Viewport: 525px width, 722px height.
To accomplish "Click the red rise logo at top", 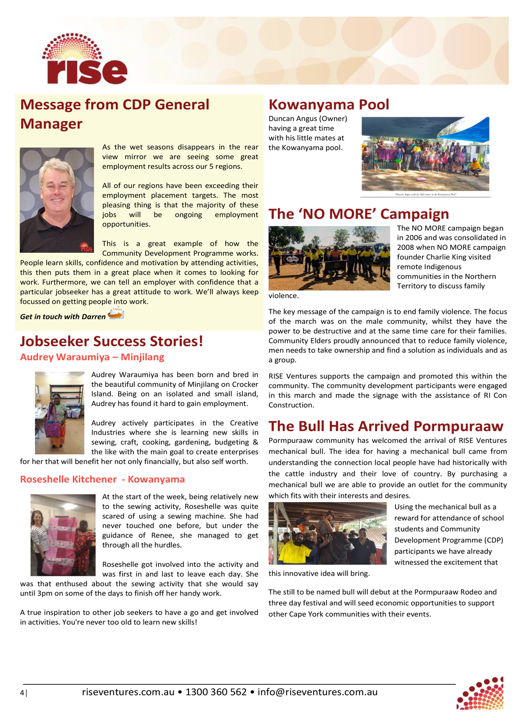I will tap(84, 59).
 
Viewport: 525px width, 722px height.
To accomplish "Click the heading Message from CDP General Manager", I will tap(115, 114).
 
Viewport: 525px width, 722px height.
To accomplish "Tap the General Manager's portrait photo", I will tap(57, 200).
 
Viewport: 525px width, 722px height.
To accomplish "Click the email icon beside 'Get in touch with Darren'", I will tap(116, 313).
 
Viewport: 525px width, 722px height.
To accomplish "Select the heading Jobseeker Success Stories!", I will tap(112, 341).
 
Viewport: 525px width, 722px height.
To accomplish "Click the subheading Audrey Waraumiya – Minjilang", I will tap(92, 357).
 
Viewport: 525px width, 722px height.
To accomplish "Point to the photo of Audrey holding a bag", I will tap(59, 413).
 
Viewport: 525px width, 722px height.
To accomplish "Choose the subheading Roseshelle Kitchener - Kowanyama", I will tap(102, 479).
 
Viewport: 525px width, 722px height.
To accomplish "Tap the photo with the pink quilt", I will tap(63, 535).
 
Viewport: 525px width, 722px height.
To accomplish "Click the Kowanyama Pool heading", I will tap(329, 105).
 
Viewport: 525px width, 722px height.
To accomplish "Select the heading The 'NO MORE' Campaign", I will tap(359, 214).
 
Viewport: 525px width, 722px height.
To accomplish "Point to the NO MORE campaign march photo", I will tap(329, 258).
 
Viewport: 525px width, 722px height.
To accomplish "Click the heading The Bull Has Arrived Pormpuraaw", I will tap(386, 426).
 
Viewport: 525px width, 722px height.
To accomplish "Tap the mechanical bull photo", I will tap(327, 533).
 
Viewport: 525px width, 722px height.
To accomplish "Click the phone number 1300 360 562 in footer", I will tap(216, 692).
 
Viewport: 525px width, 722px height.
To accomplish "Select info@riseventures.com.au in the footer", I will tap(317, 692).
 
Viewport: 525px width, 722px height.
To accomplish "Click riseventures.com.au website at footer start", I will tap(128, 692).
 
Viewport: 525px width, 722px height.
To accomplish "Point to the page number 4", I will tap(22, 692).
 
